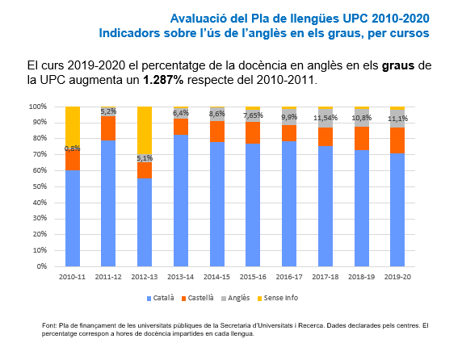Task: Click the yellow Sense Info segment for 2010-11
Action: point(73,128)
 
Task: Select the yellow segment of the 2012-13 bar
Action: point(145,131)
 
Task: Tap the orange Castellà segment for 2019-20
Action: point(397,140)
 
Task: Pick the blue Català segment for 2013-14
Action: point(181,200)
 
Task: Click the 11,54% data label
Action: point(325,118)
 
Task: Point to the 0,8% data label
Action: point(73,149)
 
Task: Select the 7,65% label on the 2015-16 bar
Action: point(253,115)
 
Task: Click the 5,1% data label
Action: point(145,158)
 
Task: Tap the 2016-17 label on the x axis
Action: point(289,277)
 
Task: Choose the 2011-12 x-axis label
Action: point(108,277)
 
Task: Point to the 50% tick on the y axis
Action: point(41,186)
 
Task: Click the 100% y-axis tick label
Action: point(38,107)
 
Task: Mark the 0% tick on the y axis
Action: point(42,266)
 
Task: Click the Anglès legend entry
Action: point(235,298)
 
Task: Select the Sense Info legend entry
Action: point(278,298)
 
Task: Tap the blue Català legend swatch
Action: point(149,299)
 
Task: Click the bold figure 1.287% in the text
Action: point(163,80)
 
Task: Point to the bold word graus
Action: point(398,65)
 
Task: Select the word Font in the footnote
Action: point(48,325)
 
